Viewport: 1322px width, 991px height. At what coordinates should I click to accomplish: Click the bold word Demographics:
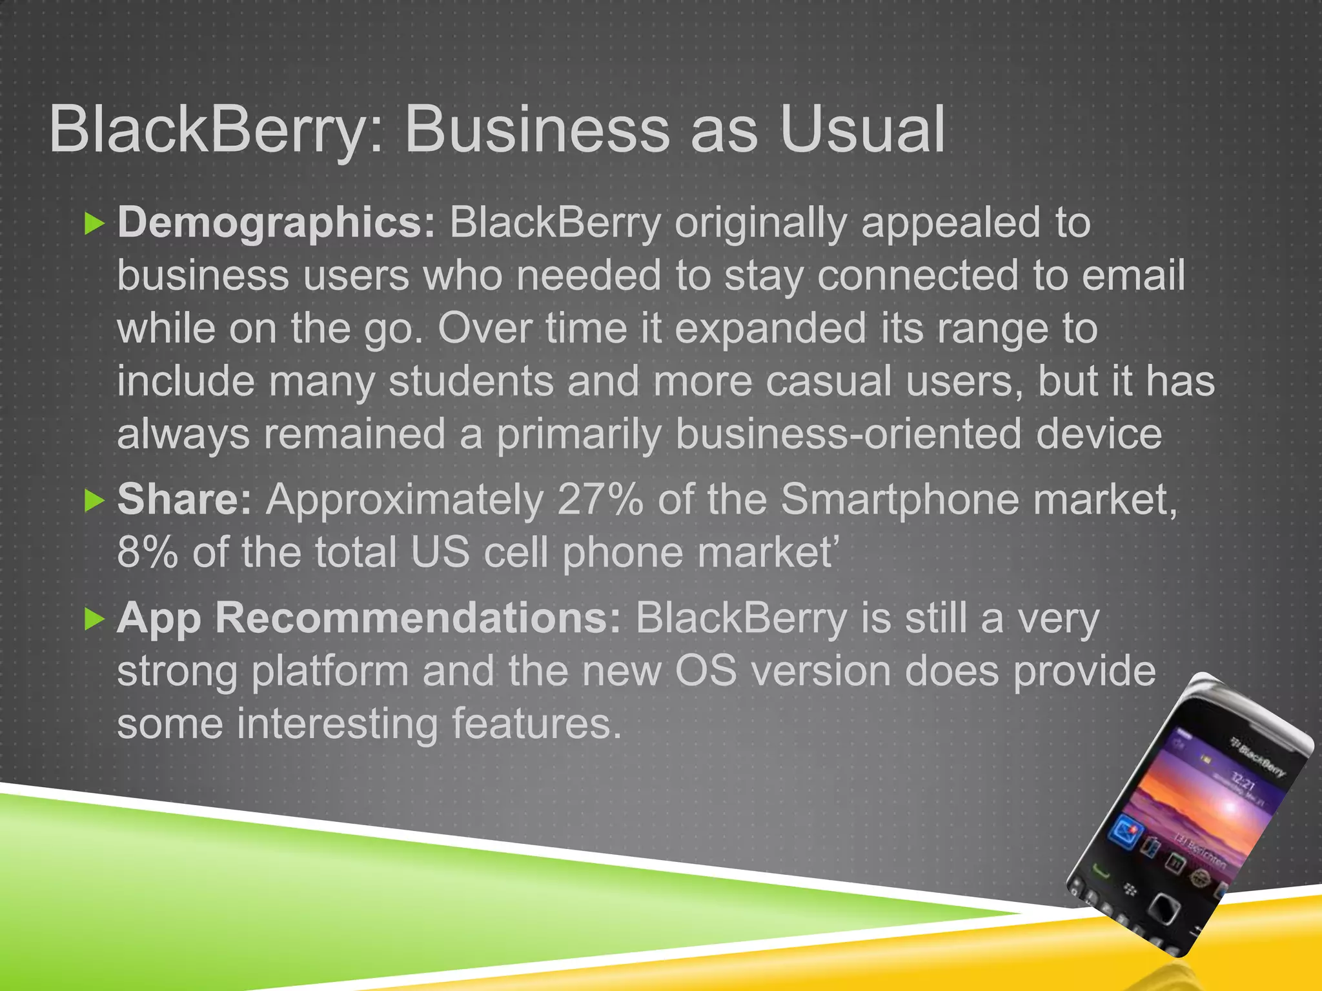click(277, 223)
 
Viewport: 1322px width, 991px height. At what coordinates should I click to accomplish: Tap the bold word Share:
click(185, 500)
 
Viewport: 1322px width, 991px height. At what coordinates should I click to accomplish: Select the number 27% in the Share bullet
click(600, 500)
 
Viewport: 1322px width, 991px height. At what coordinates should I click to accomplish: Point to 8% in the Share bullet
click(147, 553)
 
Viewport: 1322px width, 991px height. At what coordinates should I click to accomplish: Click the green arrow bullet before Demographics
click(94, 225)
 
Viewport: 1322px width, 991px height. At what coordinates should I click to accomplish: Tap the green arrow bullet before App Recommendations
click(94, 619)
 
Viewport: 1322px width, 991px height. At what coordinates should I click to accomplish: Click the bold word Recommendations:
click(418, 619)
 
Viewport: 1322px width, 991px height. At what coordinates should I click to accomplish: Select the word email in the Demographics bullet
click(1133, 276)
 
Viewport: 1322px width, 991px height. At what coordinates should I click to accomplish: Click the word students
click(471, 381)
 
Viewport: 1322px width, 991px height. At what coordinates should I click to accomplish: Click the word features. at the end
click(536, 724)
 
